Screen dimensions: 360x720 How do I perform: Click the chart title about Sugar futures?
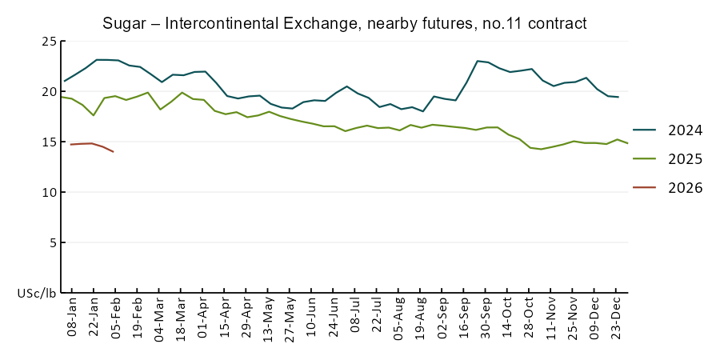tap(345, 23)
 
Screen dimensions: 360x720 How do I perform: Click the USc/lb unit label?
tap(37, 294)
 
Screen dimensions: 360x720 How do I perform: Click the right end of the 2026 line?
tap(114, 152)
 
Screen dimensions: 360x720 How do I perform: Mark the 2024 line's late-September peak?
tap(478, 61)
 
